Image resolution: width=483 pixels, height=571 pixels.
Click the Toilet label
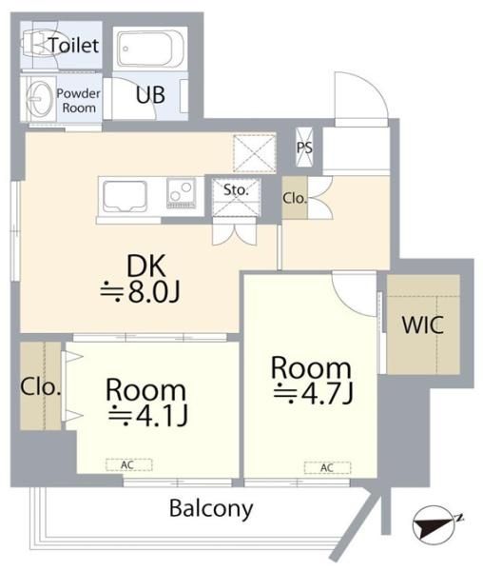click(x=74, y=46)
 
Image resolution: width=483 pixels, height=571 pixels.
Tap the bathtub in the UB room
click(x=150, y=49)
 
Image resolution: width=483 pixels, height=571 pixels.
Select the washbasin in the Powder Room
click(x=39, y=99)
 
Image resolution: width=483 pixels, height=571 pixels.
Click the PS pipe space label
click(x=304, y=148)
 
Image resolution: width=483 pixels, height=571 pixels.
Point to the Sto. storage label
click(x=236, y=189)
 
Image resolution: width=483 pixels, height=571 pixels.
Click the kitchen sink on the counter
click(x=126, y=196)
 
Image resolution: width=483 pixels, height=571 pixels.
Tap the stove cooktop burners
click(x=181, y=193)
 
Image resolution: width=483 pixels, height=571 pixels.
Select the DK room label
click(x=146, y=266)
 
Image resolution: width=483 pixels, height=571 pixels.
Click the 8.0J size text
click(x=140, y=292)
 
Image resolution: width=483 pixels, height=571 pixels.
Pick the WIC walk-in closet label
click(x=423, y=325)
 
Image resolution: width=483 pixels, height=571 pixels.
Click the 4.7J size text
click(x=314, y=394)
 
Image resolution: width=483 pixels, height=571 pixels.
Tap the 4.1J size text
click(x=147, y=416)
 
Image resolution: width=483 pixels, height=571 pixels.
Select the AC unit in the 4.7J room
click(x=327, y=467)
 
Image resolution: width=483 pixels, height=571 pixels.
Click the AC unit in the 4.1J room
click(x=128, y=464)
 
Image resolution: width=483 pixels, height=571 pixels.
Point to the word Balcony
click(x=211, y=509)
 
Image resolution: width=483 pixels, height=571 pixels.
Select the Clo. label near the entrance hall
click(x=295, y=199)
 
